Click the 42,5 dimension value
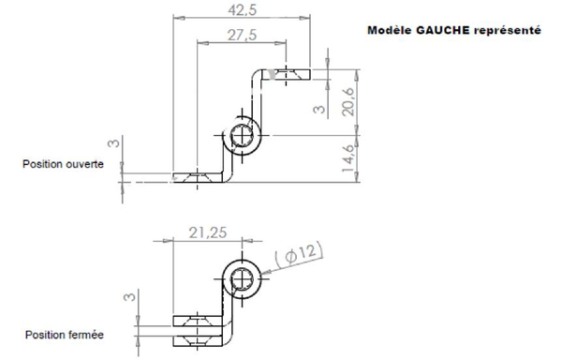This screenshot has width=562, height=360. point(242,10)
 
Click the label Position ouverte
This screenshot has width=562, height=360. point(63,163)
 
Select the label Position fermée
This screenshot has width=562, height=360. point(64,334)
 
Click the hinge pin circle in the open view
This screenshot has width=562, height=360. point(243,138)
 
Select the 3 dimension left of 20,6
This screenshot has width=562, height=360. point(319,109)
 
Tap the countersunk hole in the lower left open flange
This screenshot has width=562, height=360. point(198,176)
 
